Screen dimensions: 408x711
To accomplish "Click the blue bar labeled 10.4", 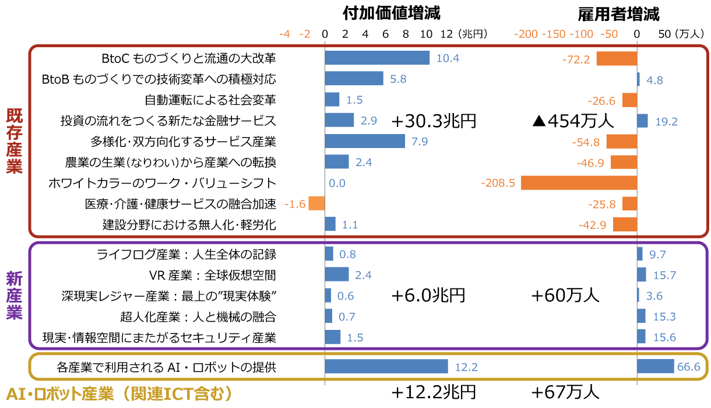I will [377, 58].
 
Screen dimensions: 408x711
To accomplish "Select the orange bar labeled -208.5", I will [579, 183].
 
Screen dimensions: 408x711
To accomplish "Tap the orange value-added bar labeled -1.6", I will [316, 203].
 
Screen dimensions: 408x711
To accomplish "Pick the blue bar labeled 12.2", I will [386, 366].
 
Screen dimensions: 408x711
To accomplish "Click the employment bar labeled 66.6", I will [655, 366].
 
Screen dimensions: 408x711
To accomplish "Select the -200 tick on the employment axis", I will [526, 34].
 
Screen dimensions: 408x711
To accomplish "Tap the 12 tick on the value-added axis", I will [446, 34].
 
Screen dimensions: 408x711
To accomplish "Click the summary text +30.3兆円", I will [434, 121].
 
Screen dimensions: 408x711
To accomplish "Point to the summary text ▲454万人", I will [573, 121].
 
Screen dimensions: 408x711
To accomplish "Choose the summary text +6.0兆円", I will [428, 296].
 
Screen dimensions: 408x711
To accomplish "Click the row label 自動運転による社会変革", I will [210, 100].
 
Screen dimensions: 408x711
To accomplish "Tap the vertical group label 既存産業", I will [14, 141].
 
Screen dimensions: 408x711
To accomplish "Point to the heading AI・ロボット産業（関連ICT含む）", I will [119, 394].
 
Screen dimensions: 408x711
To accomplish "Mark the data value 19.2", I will [666, 122].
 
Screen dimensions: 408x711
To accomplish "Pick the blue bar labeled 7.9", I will [365, 141].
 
